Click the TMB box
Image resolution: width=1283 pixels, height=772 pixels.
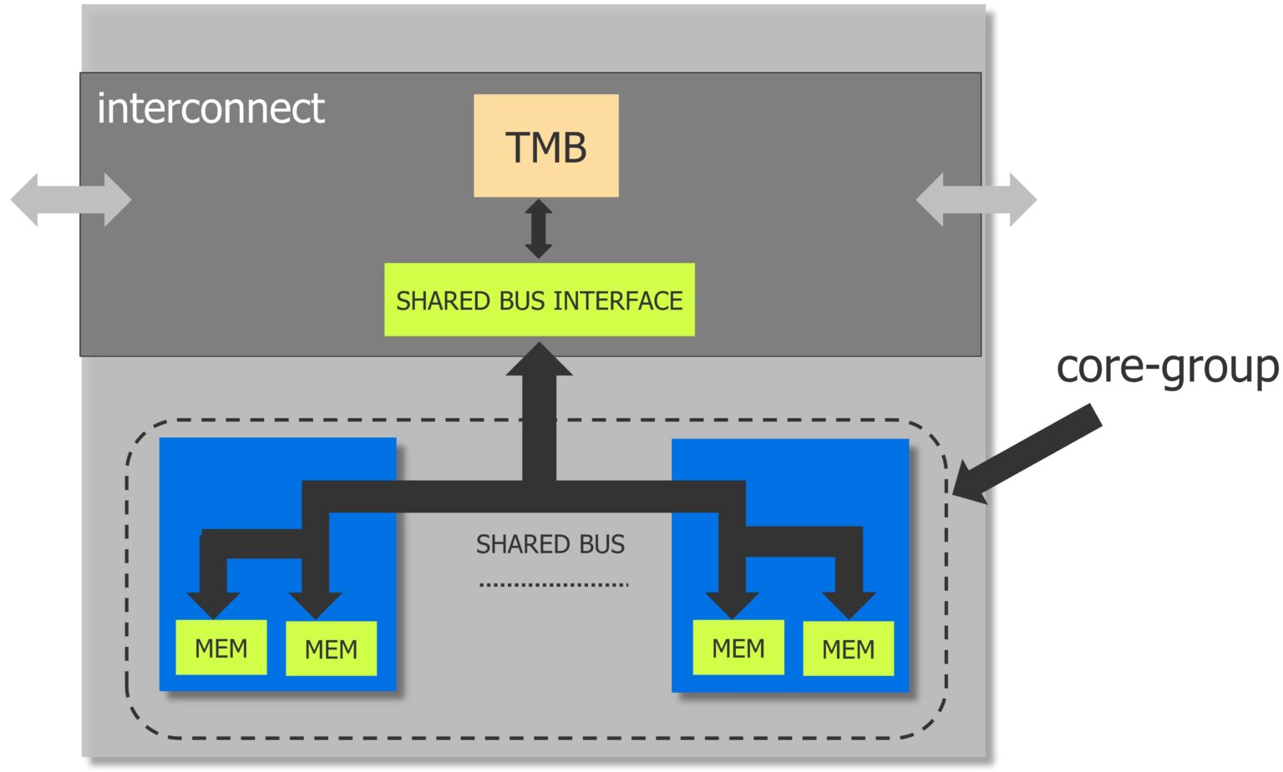(x=545, y=146)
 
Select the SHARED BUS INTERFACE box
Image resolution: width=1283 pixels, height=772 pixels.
(x=539, y=300)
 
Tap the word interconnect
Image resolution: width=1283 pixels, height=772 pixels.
(x=210, y=108)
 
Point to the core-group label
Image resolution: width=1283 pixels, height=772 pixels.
(x=1166, y=367)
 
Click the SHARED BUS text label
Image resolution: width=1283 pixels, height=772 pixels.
(x=550, y=544)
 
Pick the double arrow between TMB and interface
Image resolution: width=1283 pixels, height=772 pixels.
(x=539, y=229)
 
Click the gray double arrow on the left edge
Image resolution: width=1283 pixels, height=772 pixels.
(x=71, y=199)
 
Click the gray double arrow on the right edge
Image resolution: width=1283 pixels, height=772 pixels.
(x=976, y=199)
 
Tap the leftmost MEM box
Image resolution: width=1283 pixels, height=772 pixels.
(x=221, y=648)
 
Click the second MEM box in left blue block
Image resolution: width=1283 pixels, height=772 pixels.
(x=331, y=648)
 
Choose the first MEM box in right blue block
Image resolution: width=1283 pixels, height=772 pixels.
(x=738, y=648)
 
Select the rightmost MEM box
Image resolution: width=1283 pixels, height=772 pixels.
(x=848, y=648)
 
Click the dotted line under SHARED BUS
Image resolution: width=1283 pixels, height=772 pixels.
(x=554, y=585)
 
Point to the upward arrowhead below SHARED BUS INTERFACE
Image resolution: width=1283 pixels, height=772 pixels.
(x=539, y=361)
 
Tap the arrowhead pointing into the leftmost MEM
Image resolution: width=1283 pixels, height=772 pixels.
(x=213, y=603)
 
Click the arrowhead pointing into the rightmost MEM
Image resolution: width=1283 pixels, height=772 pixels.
(x=849, y=603)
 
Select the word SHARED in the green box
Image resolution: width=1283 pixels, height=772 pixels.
(x=444, y=300)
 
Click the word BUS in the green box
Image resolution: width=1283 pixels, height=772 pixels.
(x=522, y=300)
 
